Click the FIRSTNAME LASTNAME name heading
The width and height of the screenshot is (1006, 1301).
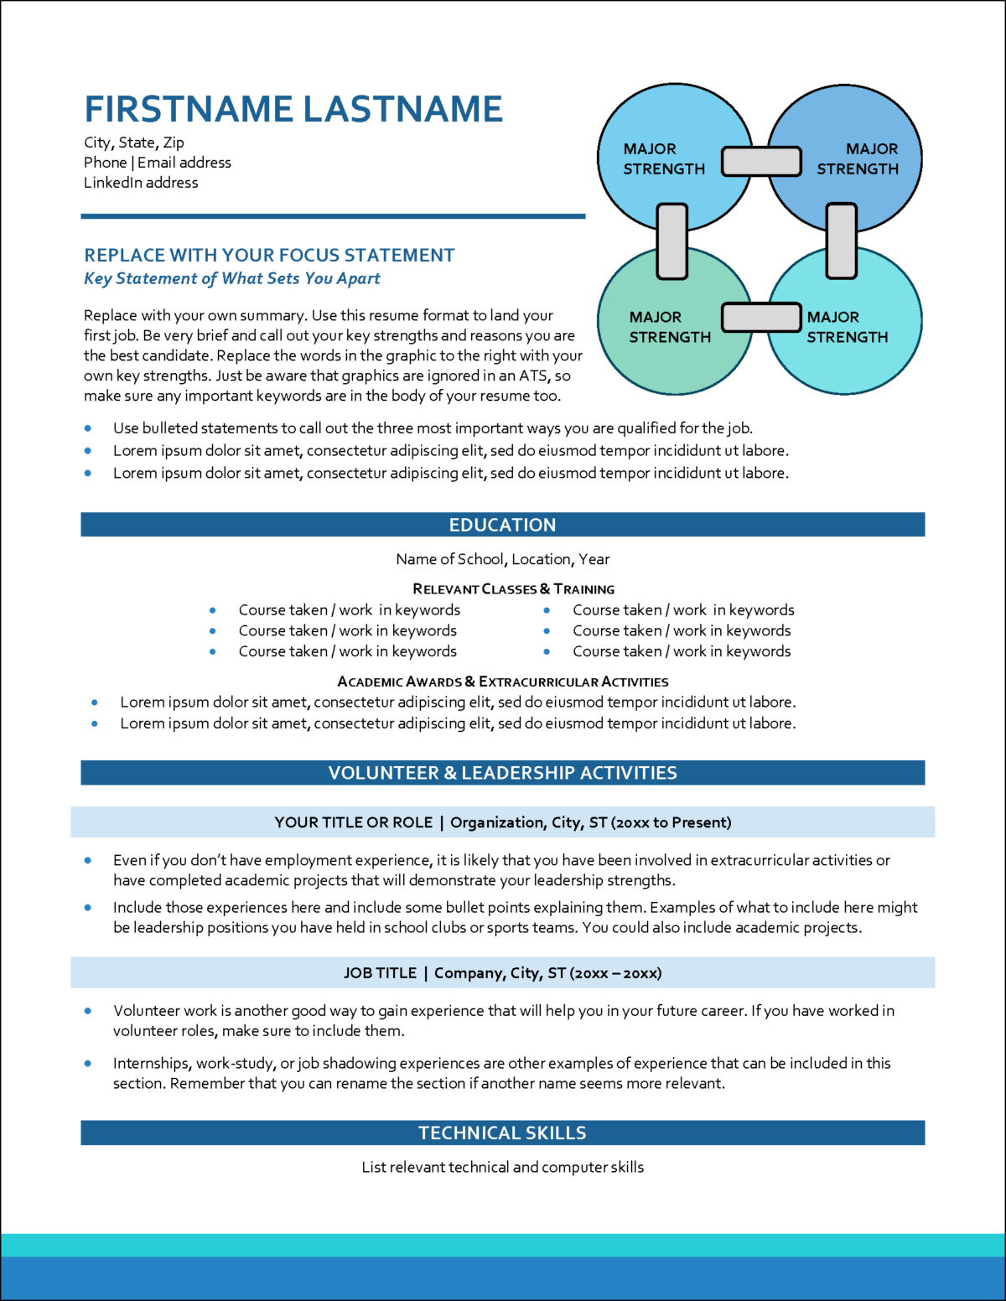tap(293, 109)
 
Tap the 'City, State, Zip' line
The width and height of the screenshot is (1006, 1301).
tap(134, 143)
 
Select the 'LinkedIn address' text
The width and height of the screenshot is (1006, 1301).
tap(141, 183)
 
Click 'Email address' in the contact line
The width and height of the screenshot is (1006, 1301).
tap(184, 163)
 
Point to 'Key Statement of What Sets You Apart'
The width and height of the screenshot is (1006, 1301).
tap(232, 278)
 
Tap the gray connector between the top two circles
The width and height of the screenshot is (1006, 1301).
tap(761, 161)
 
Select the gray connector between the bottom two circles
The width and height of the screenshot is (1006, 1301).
tap(761, 318)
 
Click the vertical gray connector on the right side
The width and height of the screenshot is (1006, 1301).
tap(842, 241)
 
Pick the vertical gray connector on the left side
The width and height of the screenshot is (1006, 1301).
tap(672, 241)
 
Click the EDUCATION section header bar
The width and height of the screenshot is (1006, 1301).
tap(503, 525)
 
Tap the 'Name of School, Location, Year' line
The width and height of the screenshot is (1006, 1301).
tap(503, 559)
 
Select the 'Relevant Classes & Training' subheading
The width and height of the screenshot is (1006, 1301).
tap(513, 589)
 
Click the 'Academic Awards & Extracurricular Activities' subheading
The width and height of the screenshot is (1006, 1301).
tap(503, 682)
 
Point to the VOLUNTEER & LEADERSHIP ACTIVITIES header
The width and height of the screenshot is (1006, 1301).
tap(503, 773)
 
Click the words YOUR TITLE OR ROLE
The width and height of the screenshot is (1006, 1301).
tap(354, 822)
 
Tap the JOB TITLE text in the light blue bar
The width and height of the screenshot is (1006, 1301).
tap(380, 973)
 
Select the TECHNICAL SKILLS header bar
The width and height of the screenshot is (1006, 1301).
tap(503, 1133)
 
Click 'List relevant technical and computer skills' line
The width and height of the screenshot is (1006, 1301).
tap(503, 1167)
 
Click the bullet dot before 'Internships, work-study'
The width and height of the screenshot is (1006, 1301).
tap(88, 1063)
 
